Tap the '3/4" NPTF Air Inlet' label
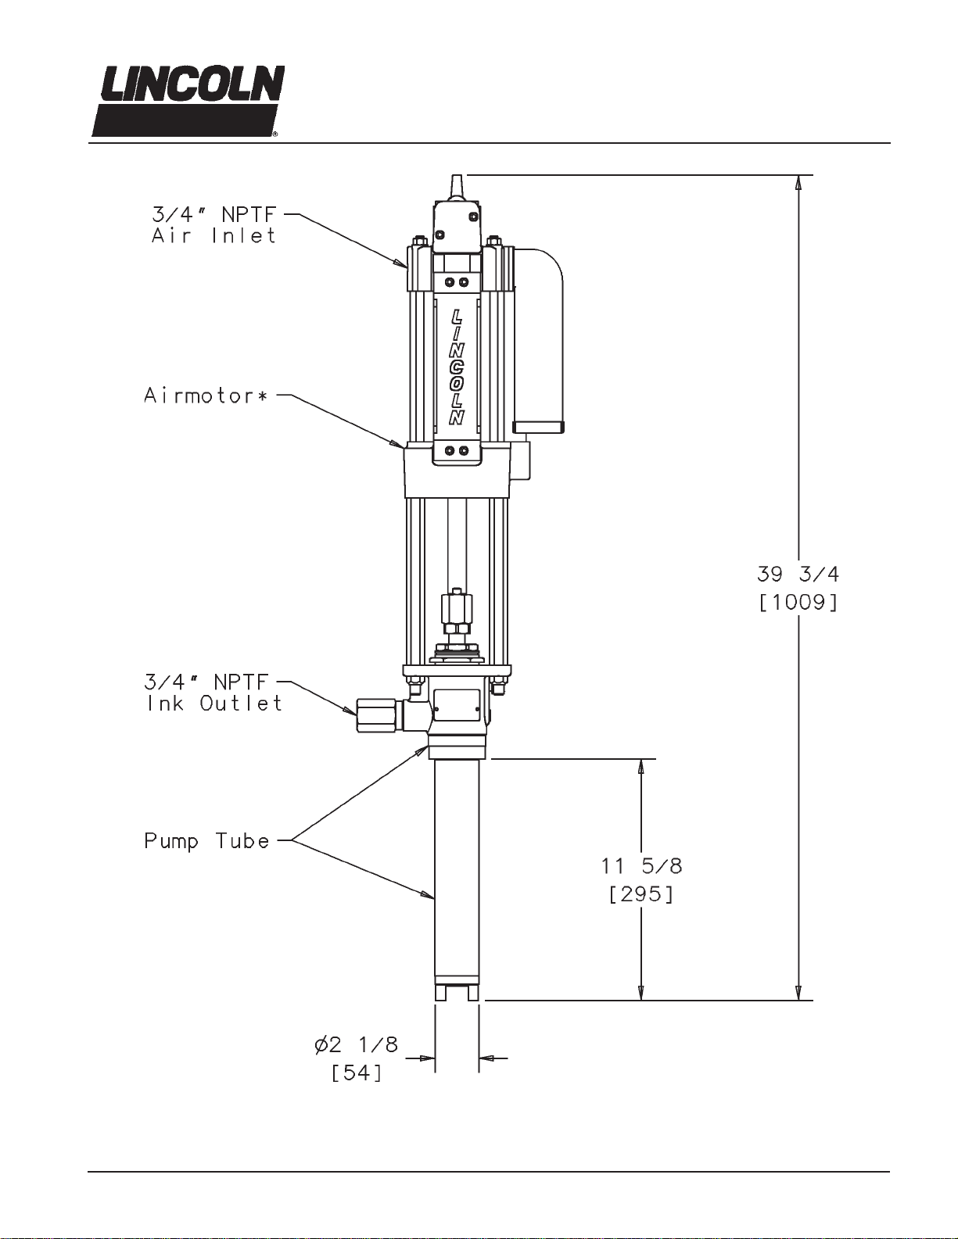213,225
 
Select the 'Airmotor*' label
205,395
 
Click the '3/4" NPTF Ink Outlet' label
213,693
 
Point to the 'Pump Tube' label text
206,841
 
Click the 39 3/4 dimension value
798,575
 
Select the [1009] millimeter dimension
798,603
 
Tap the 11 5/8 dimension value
641,867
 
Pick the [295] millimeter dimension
641,894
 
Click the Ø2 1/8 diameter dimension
357,1045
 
